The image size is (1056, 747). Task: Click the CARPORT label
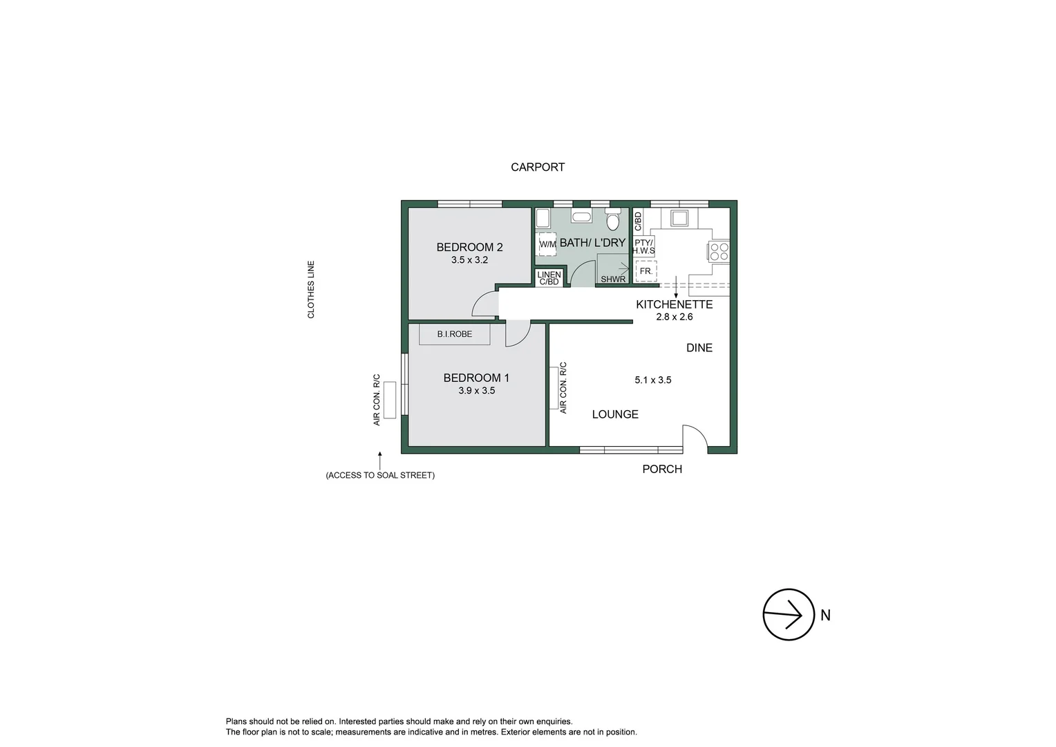[537, 167]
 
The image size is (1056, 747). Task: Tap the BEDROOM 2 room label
[469, 247]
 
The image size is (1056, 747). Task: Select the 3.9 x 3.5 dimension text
[476, 391]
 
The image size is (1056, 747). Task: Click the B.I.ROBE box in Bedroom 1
[455, 334]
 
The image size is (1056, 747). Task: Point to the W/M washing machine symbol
[547, 244]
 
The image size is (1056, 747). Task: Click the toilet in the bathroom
[612, 220]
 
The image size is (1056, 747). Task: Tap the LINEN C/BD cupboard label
[549, 278]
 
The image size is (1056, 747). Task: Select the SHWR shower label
[612, 279]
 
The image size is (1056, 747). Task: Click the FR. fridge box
[646, 271]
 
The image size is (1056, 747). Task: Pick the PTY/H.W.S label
[643, 247]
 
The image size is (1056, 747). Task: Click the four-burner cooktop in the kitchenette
[719, 251]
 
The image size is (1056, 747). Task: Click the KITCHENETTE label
[674, 304]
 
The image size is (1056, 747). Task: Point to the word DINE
[699, 348]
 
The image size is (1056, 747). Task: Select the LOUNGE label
[615, 414]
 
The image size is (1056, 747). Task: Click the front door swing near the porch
[694, 438]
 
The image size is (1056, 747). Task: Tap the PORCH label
[661, 469]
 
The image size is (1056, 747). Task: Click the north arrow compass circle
[788, 614]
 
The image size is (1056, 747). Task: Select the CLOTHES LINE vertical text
[311, 289]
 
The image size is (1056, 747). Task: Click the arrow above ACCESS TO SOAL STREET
[379, 460]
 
